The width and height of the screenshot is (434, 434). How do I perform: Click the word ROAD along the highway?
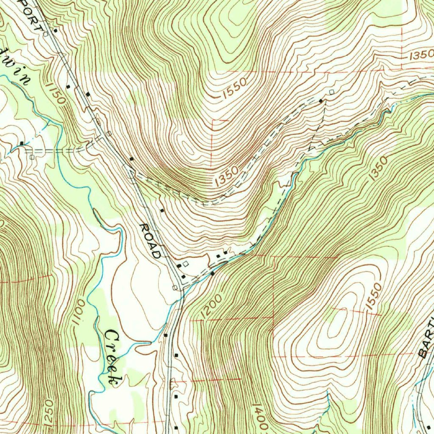[x=151, y=241]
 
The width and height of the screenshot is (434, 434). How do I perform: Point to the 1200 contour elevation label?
[x=209, y=307]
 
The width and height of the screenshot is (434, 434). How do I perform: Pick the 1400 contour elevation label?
[x=260, y=417]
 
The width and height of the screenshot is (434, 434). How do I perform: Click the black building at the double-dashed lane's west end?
[x=21, y=143]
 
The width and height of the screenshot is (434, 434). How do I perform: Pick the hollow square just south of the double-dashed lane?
[x=32, y=157]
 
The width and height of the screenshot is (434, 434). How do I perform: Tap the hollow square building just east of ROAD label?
[x=185, y=264]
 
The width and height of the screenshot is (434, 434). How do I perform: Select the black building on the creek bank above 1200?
[x=212, y=273]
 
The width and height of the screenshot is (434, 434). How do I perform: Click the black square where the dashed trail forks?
[x=321, y=100]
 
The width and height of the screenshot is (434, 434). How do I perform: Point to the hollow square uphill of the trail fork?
[x=331, y=92]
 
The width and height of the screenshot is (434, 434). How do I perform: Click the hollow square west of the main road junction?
[x=175, y=288]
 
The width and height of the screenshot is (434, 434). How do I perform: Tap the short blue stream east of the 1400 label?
[x=327, y=403]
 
